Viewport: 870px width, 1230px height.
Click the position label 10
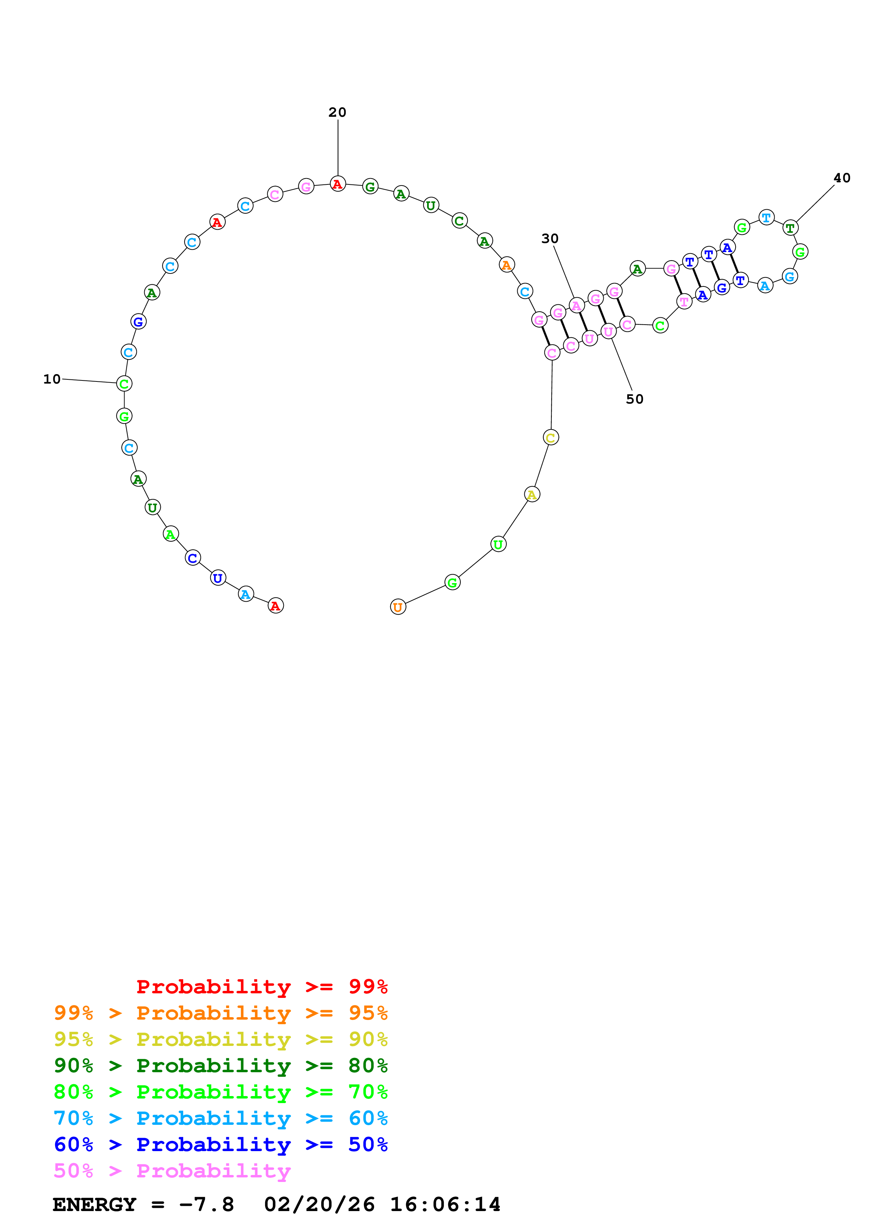tap(52, 379)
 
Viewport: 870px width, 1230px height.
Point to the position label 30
tap(550, 238)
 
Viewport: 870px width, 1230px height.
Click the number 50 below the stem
tap(634, 399)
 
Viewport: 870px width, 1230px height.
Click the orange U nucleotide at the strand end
tap(398, 607)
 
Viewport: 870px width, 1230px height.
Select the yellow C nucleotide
tap(551, 438)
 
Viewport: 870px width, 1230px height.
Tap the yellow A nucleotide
tap(532, 494)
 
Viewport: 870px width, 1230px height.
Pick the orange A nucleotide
tap(506, 265)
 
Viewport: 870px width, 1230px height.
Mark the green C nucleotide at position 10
tap(124, 384)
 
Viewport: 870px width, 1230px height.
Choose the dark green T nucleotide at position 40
tap(790, 228)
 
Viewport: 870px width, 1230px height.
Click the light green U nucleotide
tap(498, 544)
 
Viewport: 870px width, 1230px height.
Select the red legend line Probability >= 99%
tap(261, 987)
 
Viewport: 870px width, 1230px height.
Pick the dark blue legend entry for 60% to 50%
tap(220, 1145)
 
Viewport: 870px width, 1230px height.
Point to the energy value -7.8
tap(206, 1205)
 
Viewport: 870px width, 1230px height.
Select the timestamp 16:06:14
tap(445, 1205)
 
